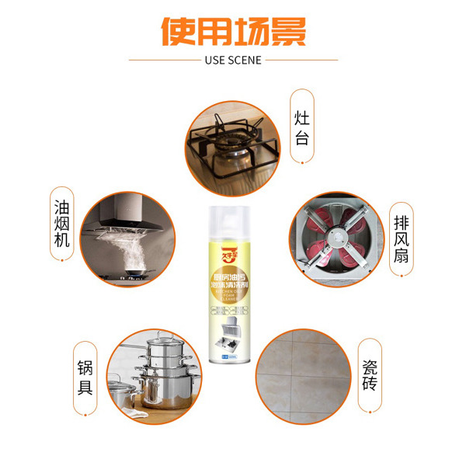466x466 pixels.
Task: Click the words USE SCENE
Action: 233,60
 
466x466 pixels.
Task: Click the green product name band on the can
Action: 232,280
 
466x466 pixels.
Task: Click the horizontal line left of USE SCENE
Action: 163,60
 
